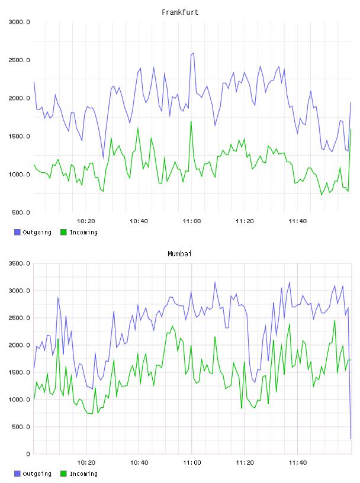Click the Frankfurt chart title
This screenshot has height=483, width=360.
click(180, 12)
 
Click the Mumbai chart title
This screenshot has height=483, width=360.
click(179, 253)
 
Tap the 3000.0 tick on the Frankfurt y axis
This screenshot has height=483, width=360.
click(19, 22)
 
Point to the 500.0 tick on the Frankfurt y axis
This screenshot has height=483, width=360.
click(21, 212)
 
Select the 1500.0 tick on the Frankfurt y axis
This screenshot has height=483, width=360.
click(19, 136)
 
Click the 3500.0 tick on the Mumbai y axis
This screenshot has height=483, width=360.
click(19, 263)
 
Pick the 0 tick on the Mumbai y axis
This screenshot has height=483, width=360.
click(28, 454)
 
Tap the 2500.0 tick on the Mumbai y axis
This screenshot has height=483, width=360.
click(19, 318)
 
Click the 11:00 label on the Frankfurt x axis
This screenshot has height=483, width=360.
click(192, 221)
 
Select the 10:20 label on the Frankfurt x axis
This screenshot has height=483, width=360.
click(86, 221)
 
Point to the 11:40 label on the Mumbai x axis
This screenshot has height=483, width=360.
click(298, 463)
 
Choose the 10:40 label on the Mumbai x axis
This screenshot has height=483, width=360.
click(139, 463)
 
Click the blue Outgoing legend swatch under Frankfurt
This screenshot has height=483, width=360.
click(17, 232)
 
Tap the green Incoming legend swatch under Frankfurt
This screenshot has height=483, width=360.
click(63, 232)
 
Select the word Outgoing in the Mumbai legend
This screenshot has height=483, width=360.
click(37, 474)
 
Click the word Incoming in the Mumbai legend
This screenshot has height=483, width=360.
click(83, 474)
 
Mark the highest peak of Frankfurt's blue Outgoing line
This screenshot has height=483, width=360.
click(194, 53)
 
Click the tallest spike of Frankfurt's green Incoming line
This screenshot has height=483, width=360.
click(191, 121)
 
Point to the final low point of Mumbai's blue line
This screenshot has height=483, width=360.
click(351, 439)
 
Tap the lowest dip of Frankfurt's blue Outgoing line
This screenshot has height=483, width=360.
click(103, 158)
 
